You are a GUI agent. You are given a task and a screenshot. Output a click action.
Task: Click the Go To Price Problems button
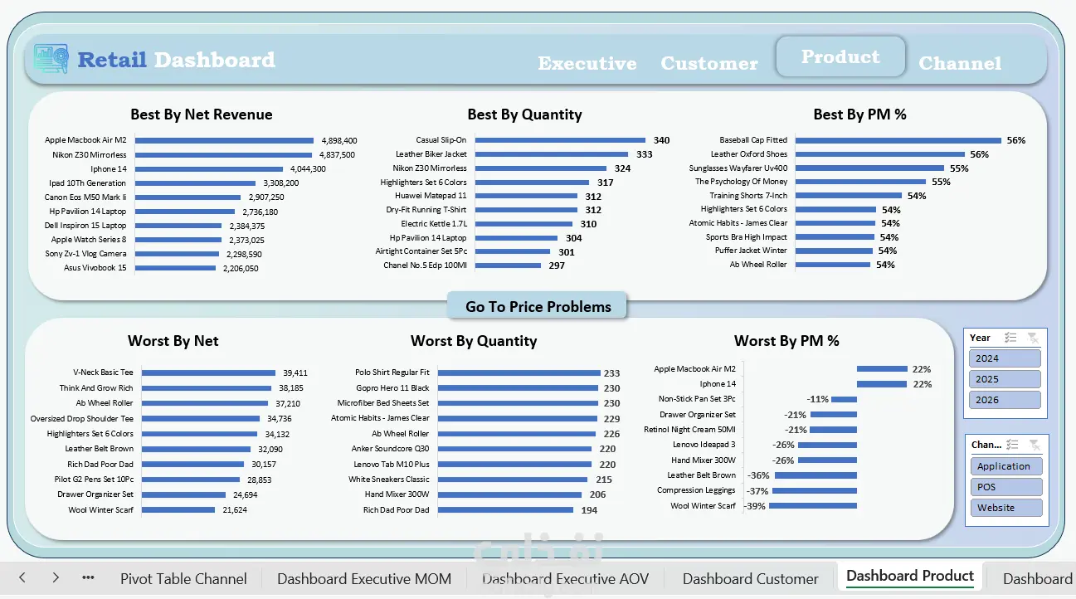(537, 305)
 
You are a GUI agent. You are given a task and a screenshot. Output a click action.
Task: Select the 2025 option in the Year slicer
(1005, 379)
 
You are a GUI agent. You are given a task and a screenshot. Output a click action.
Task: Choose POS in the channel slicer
(1006, 487)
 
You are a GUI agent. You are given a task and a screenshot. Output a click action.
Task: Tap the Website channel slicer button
(1006, 507)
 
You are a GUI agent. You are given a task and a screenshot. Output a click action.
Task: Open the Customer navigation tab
(709, 63)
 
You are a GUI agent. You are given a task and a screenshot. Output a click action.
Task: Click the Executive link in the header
(587, 63)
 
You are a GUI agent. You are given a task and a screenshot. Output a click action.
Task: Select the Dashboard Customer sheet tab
(750, 579)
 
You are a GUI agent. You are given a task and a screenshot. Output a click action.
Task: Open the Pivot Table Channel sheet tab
(183, 579)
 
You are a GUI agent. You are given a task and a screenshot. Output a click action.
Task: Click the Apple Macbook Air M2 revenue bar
(224, 140)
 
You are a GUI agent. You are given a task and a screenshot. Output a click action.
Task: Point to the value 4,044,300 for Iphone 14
(308, 169)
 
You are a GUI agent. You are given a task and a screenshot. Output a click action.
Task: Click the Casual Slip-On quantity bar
(560, 140)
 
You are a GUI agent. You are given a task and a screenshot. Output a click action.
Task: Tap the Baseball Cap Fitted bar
(898, 140)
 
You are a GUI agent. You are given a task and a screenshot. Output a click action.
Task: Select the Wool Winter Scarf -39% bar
(813, 506)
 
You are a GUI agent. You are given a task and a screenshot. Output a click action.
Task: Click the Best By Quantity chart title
(524, 114)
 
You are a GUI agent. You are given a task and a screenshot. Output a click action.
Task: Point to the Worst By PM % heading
(786, 341)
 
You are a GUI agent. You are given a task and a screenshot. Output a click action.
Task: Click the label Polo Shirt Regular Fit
(392, 373)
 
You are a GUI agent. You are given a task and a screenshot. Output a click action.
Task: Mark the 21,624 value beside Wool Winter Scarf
(235, 509)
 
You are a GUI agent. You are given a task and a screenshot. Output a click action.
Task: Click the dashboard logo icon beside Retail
(51, 59)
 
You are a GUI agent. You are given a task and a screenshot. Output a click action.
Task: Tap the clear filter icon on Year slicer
(1033, 338)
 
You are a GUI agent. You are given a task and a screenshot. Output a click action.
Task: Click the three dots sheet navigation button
(88, 577)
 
